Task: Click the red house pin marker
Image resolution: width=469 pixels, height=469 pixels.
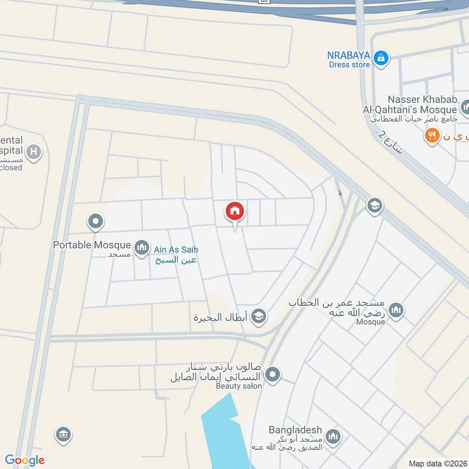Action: coord(235,212)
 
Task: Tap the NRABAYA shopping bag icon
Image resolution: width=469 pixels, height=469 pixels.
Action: coord(381,57)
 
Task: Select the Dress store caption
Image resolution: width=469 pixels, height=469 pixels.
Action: coord(349,65)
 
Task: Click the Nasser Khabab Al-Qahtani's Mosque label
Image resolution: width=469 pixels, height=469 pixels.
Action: coord(422,105)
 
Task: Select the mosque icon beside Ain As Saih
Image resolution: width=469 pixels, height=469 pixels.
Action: coord(141,249)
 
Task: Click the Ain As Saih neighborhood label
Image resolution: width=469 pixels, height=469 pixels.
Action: coord(175,249)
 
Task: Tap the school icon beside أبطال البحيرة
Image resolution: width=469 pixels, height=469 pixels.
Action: coord(258,317)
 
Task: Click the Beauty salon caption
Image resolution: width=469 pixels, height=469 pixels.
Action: coord(239,386)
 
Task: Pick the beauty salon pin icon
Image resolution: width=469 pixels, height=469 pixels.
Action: coord(272,374)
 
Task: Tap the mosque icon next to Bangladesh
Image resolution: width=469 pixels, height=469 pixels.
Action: coord(333,436)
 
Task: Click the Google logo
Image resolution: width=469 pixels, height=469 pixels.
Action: coord(25,460)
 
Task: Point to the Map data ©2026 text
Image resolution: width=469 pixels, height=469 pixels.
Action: coord(437,463)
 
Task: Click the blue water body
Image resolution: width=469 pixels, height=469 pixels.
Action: coord(226,434)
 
